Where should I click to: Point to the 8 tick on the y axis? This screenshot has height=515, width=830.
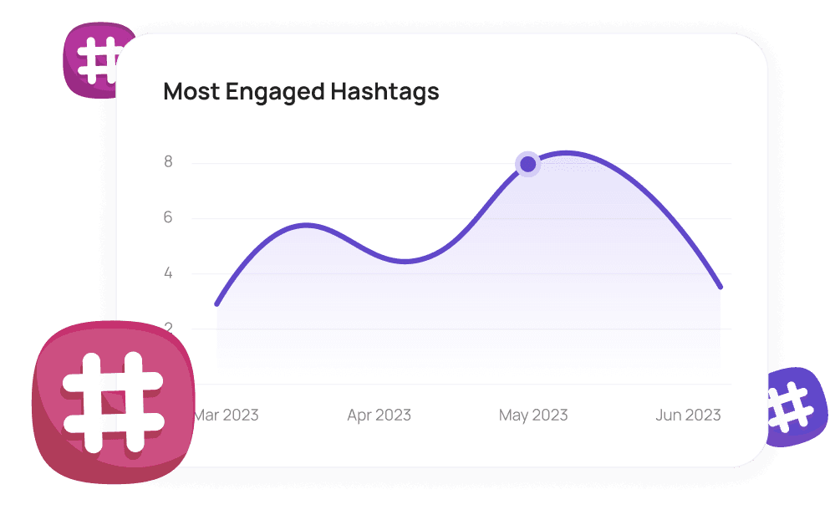pyautogui.click(x=168, y=162)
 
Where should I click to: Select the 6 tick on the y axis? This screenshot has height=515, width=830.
pyautogui.click(x=168, y=218)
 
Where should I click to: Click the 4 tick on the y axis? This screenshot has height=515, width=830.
pyautogui.click(x=168, y=273)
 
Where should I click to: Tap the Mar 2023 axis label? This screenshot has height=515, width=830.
pyautogui.click(x=227, y=415)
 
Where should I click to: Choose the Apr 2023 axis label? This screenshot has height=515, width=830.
pyautogui.click(x=379, y=415)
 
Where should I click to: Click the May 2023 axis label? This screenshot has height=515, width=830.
pyautogui.click(x=532, y=415)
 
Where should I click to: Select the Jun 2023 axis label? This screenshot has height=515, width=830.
pyautogui.click(x=688, y=415)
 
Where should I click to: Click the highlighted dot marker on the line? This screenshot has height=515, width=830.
pyautogui.click(x=527, y=164)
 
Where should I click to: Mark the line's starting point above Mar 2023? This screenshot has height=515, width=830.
pyautogui.click(x=216, y=303)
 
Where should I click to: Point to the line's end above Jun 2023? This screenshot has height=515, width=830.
pyautogui.click(x=721, y=288)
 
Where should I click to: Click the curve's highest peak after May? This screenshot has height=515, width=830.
pyautogui.click(x=568, y=152)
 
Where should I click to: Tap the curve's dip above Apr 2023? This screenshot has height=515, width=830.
pyautogui.click(x=405, y=262)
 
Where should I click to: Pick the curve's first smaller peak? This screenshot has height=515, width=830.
pyautogui.click(x=307, y=224)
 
